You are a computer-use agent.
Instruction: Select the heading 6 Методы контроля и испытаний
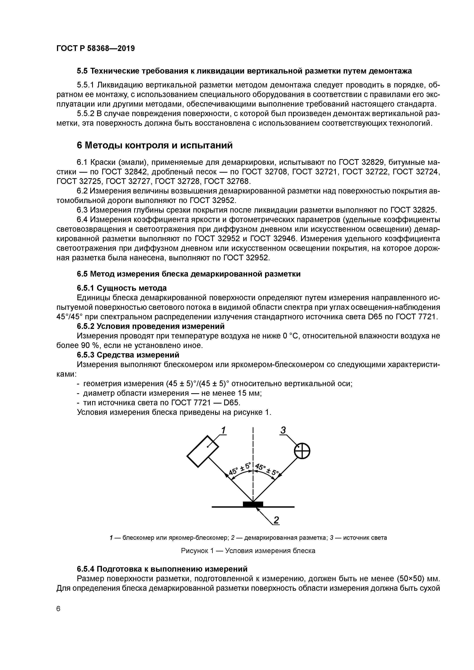[155, 145]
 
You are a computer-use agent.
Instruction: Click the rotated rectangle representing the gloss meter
[203, 451]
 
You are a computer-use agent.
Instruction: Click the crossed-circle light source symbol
[302, 451]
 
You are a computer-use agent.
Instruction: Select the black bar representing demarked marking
[253, 504]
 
